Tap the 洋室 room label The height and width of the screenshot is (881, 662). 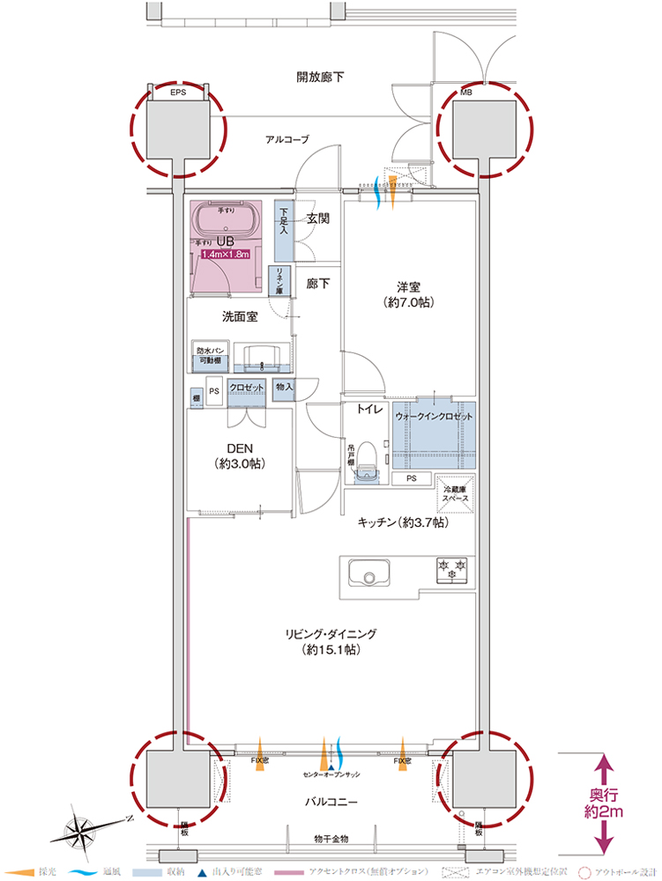(412, 294)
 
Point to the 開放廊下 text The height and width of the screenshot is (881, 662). (320, 78)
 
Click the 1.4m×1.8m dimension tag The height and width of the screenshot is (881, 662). (226, 255)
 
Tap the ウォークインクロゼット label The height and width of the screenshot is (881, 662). (434, 415)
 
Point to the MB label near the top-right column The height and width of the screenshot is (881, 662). (465, 91)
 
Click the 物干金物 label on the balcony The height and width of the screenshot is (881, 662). (331, 838)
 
